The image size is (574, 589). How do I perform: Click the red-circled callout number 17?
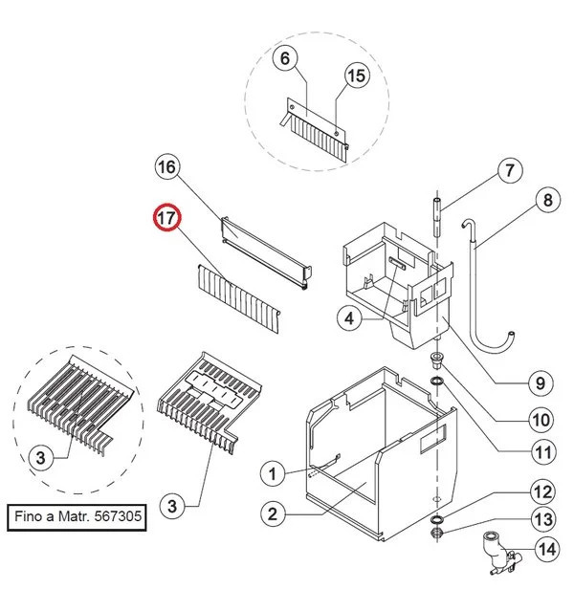167,218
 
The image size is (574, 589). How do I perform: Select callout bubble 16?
167,168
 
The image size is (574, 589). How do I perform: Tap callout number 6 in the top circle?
284,58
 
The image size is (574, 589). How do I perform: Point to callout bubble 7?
509,171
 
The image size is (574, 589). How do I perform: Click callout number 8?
547,201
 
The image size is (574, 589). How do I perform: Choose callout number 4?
350,319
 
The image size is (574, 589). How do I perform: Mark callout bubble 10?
541,419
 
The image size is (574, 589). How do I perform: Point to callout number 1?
273,472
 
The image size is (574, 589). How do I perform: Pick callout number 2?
273,513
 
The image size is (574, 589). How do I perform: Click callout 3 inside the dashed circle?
40,459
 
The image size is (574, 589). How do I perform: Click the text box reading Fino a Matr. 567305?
78,518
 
